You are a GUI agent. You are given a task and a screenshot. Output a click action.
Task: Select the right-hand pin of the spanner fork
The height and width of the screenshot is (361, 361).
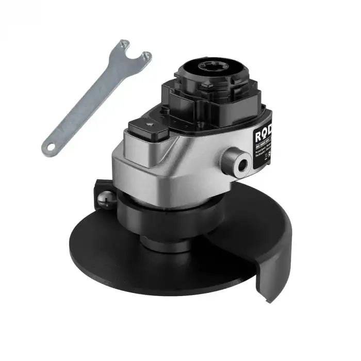pos(148,55)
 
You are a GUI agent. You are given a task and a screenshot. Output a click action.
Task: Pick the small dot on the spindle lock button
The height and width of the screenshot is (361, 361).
pos(149,124)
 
